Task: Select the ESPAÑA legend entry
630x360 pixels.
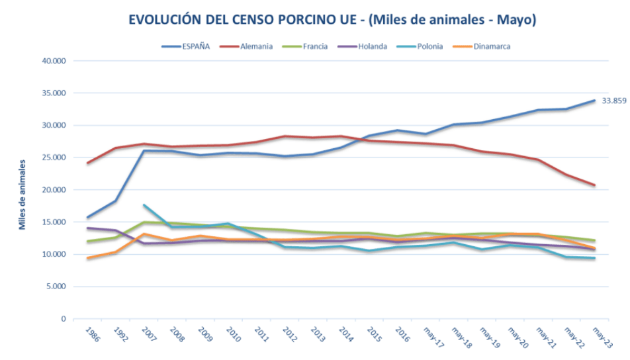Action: pyautogui.click(x=196, y=46)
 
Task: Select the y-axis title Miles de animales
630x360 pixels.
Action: pyautogui.click(x=22, y=194)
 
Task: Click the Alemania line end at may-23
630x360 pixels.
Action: pyautogui.click(x=594, y=185)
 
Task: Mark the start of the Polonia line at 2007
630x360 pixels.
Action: pyautogui.click(x=144, y=205)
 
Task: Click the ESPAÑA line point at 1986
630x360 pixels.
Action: pyautogui.click(x=87, y=218)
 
